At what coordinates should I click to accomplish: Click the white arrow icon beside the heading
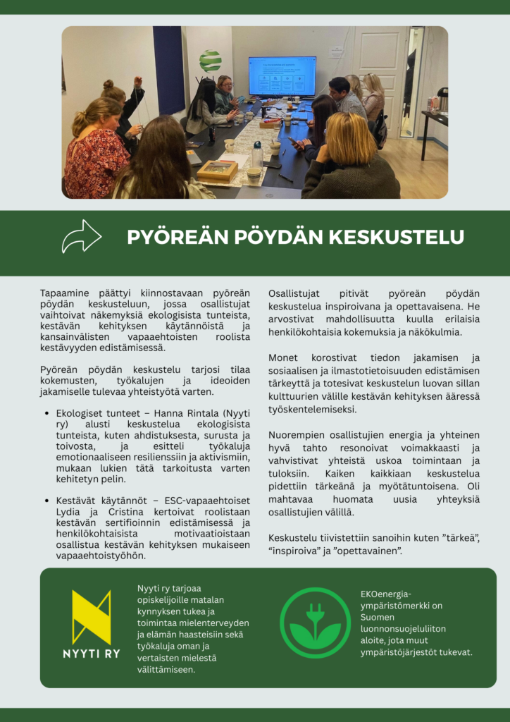pos(82,236)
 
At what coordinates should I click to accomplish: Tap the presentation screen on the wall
pos(282,76)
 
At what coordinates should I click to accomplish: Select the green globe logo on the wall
pos(210,61)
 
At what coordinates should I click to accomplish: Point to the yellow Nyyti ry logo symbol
pos(91,617)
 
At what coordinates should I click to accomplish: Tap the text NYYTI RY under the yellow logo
pos(92,654)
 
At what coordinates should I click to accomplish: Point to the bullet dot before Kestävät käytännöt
pos(46,500)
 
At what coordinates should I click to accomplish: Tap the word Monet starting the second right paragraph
pos(283,357)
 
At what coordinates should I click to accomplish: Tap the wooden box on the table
pos(217,170)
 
